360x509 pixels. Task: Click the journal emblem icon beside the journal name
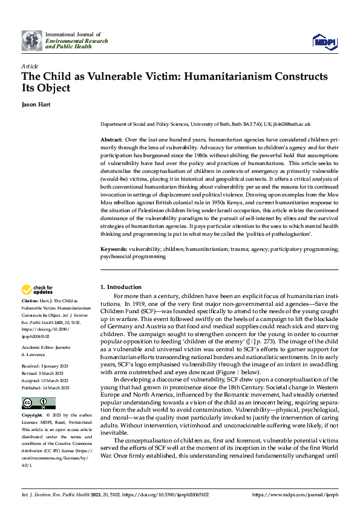pos(31,41)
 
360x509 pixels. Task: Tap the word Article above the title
pos(29,66)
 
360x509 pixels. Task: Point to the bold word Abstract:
pos(112,140)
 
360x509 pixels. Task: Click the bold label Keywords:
pos(114,248)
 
